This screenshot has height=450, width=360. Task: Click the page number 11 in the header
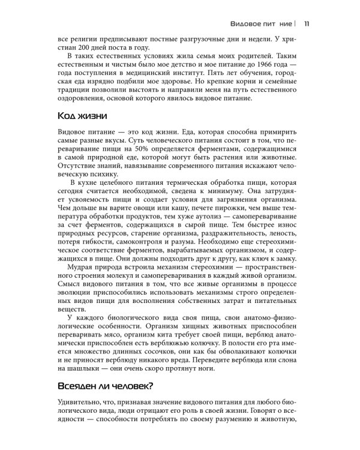pos(307,23)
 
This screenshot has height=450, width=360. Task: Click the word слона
pos(299,358)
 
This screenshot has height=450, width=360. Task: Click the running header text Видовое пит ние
pos(262,23)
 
